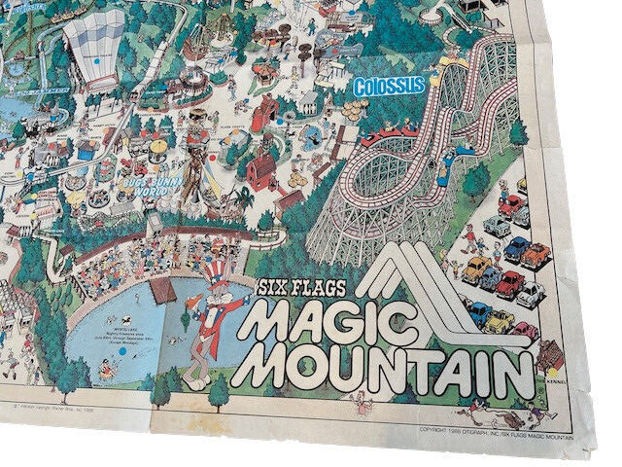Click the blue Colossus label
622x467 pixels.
(x=389, y=86)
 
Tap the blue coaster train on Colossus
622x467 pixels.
(x=456, y=156)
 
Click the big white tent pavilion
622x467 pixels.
(x=93, y=49)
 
